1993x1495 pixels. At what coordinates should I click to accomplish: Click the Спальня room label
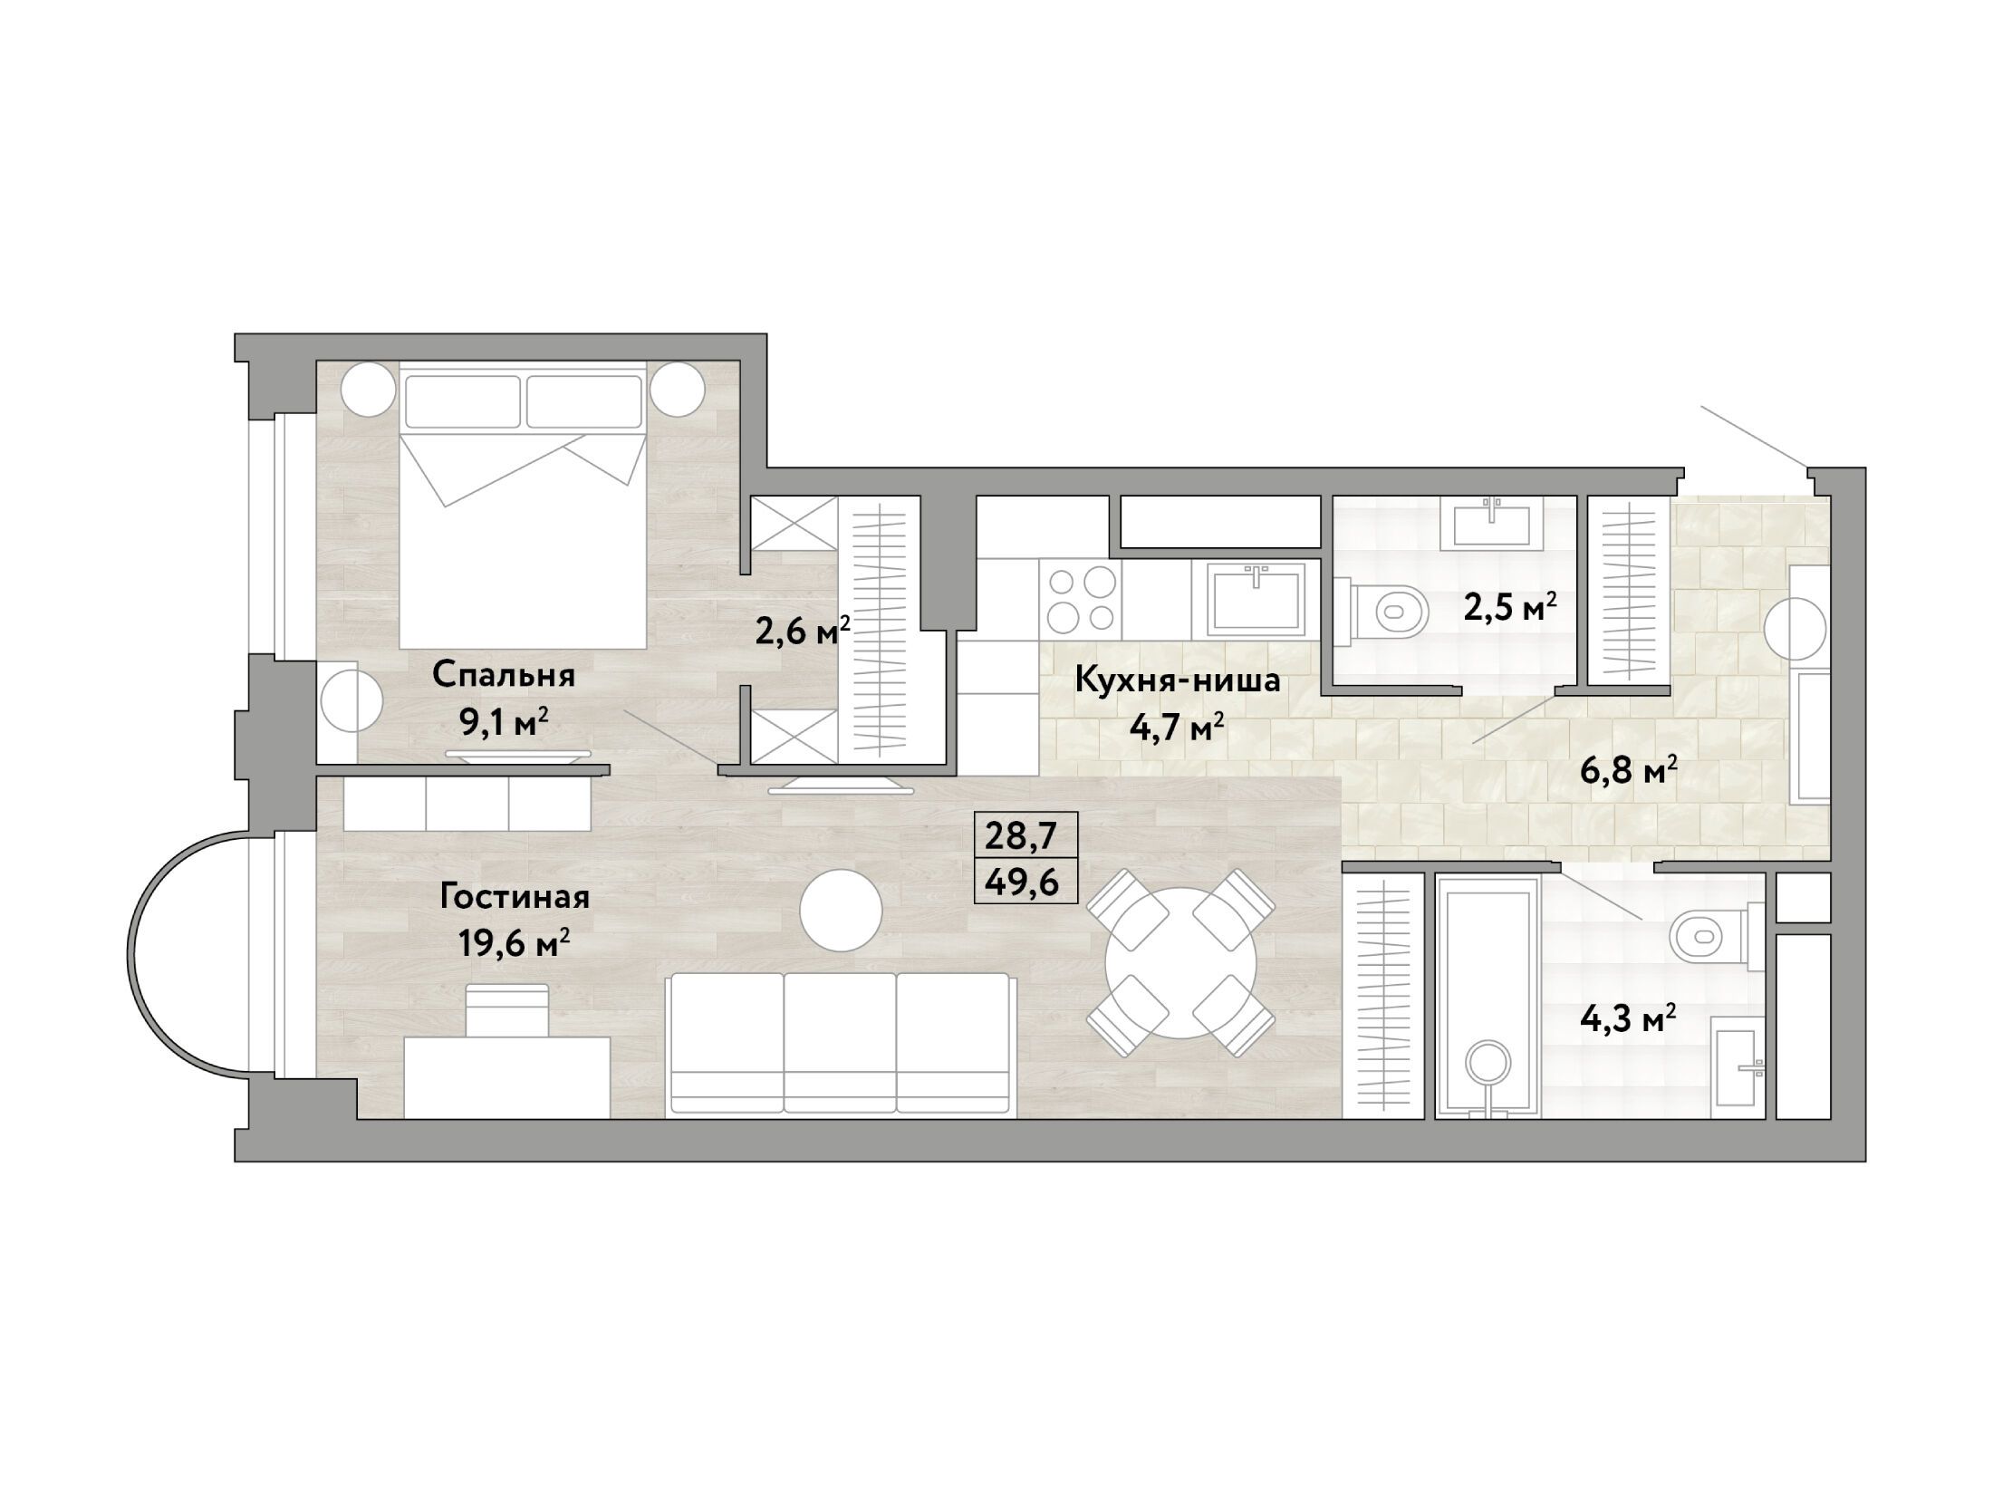coord(504,675)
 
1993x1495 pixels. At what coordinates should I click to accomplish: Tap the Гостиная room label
coord(515,897)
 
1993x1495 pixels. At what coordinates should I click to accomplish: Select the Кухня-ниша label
coord(1178,680)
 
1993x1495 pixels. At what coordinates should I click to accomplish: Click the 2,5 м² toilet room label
coord(1511,606)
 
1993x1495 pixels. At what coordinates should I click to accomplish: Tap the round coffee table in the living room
coord(842,910)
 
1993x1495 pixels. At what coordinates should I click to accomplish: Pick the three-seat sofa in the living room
coord(840,1044)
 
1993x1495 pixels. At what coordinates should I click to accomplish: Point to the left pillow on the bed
coord(463,401)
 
